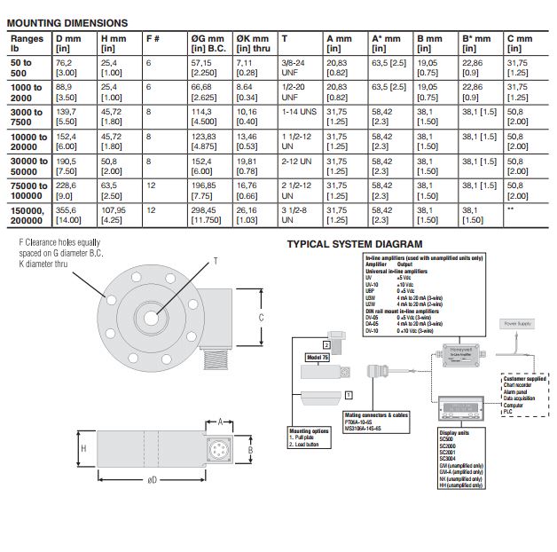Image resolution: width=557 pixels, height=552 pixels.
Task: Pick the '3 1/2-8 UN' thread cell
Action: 295,215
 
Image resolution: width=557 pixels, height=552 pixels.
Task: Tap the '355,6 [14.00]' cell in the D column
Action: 70,215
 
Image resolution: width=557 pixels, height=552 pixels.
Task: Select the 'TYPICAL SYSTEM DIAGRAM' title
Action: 355,244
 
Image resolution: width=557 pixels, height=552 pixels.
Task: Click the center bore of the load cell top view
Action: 152,312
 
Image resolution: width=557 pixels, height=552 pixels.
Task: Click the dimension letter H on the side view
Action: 83,449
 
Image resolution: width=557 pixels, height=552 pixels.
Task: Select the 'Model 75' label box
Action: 317,357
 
